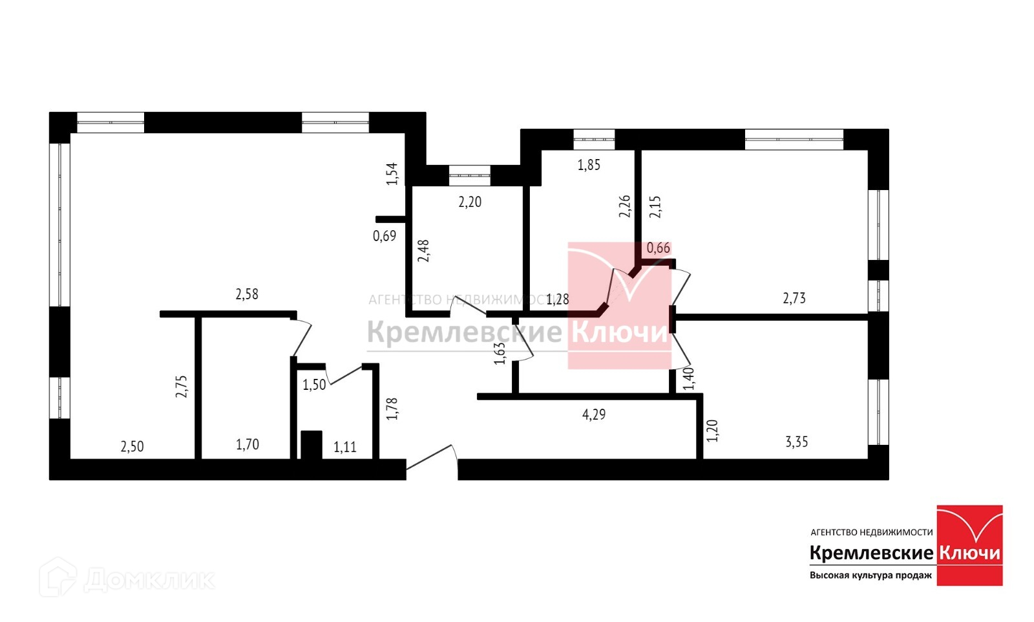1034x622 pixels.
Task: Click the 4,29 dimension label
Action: tap(594, 414)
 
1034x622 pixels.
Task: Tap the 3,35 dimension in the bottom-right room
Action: tap(796, 442)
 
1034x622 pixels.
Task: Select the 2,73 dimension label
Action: tap(794, 298)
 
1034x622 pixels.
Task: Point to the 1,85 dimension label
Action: tap(589, 165)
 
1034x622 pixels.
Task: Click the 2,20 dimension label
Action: tap(470, 202)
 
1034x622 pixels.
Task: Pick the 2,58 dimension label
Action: tap(247, 294)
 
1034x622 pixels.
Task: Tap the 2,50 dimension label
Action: tap(132, 446)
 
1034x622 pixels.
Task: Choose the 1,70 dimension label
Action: tap(248, 444)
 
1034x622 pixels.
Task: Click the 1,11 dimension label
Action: tap(345, 447)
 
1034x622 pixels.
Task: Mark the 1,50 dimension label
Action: tap(314, 385)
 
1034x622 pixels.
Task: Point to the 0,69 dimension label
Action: tap(385, 236)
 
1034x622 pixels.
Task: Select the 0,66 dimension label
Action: tap(659, 248)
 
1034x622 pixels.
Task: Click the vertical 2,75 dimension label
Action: tap(182, 386)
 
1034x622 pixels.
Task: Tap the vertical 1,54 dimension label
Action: tap(392, 174)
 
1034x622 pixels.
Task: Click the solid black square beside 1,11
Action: tap(311, 445)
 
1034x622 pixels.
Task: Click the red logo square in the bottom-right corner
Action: tap(969, 545)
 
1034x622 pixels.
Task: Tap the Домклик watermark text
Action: tap(148, 579)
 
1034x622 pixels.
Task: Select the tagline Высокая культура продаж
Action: tap(870, 575)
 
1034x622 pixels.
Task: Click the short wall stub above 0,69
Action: tap(390, 219)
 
